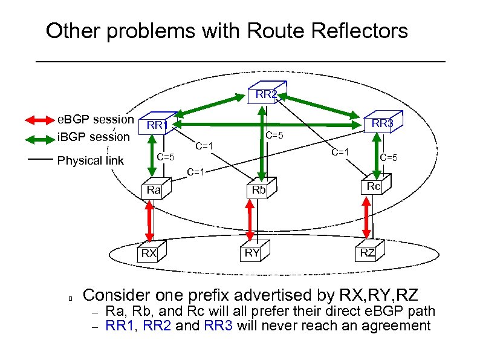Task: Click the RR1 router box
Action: [x=158, y=124]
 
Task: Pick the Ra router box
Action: [x=154, y=190]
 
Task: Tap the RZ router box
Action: [x=368, y=252]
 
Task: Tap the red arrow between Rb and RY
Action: [x=249, y=219]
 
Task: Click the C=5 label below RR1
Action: [x=166, y=157]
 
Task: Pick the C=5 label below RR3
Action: [x=388, y=158]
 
